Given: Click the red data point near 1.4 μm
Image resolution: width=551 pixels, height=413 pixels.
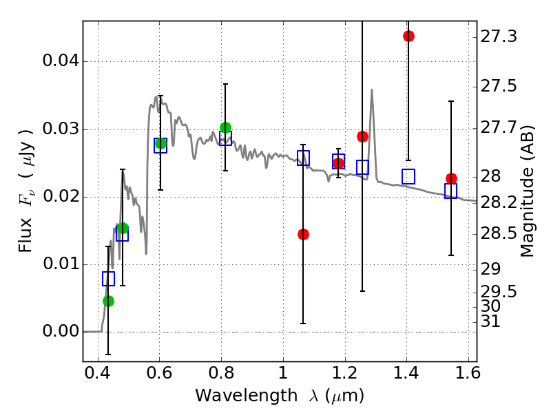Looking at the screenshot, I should point(408,36).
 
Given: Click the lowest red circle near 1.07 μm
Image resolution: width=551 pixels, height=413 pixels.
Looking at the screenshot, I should point(303,234).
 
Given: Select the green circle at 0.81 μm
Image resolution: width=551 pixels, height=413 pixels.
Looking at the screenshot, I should point(225,127).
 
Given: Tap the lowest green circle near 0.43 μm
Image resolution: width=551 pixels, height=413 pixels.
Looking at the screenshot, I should point(108,301).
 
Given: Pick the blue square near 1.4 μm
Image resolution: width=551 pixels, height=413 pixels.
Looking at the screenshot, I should point(408,176).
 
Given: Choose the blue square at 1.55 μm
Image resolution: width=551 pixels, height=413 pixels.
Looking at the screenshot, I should point(451,191).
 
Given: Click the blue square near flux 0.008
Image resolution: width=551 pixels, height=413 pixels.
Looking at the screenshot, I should point(108,279).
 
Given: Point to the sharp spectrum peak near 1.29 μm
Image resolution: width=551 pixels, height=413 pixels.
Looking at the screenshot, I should point(372,90).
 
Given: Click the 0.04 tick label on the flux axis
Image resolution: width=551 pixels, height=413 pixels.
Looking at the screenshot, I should point(60,61).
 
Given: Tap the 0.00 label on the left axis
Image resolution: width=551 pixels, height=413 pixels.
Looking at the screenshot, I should point(60,332).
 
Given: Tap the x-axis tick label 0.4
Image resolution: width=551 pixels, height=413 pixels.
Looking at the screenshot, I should point(98,377).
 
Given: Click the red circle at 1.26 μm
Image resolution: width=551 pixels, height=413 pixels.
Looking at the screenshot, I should point(362,136).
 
